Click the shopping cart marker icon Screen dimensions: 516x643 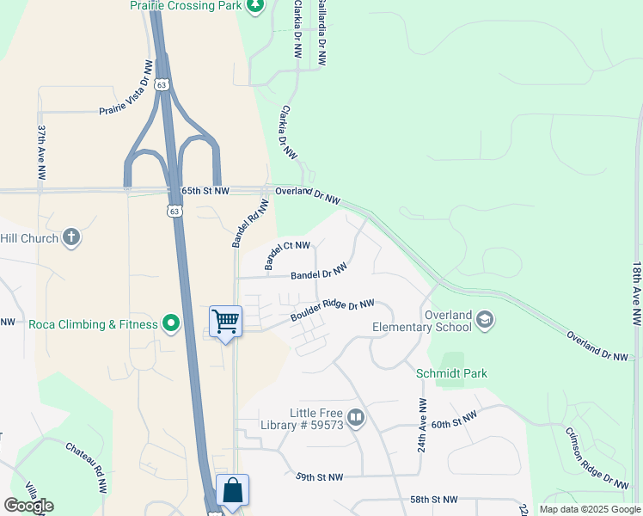pos(225,322)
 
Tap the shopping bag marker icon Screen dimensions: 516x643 pos(232,491)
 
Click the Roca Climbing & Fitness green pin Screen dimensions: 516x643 pos(171,324)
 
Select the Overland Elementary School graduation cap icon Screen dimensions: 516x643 pos(484,320)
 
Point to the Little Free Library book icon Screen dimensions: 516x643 pos(356,418)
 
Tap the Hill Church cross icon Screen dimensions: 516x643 pos(71,238)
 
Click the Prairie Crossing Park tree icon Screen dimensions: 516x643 pos(254,6)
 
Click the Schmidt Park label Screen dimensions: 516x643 pos(451,373)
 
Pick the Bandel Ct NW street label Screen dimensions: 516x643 pos(286,256)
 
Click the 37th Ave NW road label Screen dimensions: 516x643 pos(41,151)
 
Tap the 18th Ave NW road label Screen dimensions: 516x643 pos(636,293)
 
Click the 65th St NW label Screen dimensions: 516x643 pos(205,190)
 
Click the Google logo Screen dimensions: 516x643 pos(28,506)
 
